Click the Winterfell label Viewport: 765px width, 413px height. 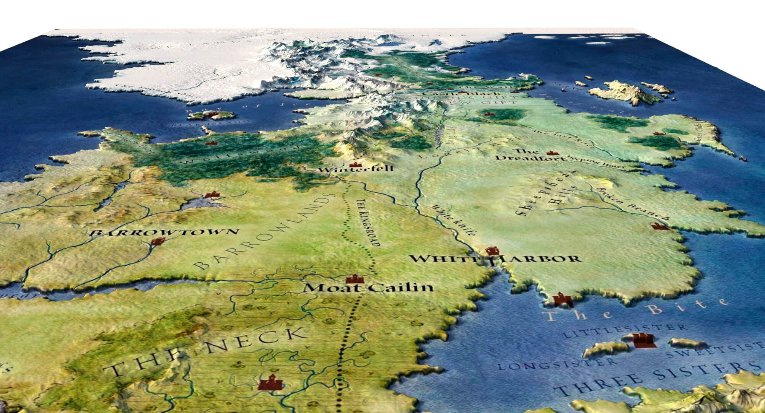click(x=355, y=169)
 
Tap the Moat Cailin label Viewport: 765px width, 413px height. click(x=368, y=288)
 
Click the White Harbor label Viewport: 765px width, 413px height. click(x=495, y=259)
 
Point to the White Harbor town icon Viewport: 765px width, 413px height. click(x=492, y=250)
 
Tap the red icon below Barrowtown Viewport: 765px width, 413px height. click(x=157, y=241)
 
